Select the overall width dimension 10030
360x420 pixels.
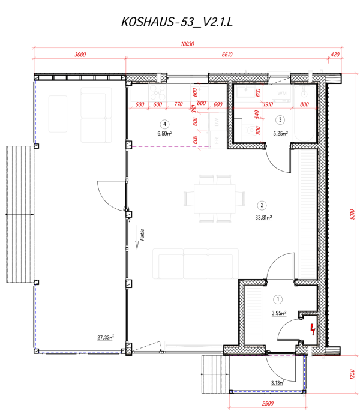pyautogui.click(x=188, y=44)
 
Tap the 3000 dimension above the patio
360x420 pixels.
pyautogui.click(x=80, y=55)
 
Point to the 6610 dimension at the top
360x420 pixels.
pyautogui.click(x=227, y=55)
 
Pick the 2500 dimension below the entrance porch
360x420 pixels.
pyautogui.click(x=267, y=403)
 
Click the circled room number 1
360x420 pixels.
pyautogui.click(x=278, y=298)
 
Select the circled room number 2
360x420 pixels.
pyautogui.click(x=262, y=203)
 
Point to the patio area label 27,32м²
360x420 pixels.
pyautogui.click(x=105, y=338)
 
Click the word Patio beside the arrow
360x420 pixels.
pyautogui.click(x=142, y=233)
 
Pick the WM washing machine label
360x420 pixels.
pyautogui.click(x=282, y=94)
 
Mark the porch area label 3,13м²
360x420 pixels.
pyautogui.click(x=277, y=382)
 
